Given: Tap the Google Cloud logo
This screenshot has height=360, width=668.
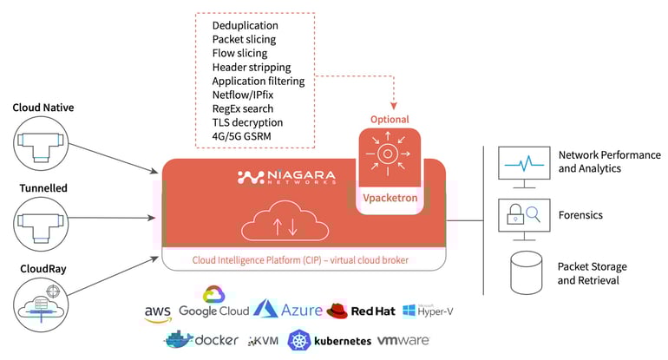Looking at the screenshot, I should [213, 304].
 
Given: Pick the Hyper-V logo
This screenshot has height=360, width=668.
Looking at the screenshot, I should [429, 310].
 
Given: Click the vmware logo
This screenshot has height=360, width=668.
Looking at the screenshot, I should [403, 340].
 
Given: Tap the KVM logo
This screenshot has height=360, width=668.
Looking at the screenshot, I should [265, 341].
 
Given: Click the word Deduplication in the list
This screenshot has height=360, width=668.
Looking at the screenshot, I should [248, 25].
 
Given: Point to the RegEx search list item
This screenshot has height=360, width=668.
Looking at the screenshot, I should [243, 108].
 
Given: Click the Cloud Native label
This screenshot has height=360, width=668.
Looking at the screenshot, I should [43, 108].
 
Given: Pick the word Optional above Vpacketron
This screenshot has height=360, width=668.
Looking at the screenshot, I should [390, 120].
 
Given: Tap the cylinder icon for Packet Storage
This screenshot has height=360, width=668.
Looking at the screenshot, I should [521, 273].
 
